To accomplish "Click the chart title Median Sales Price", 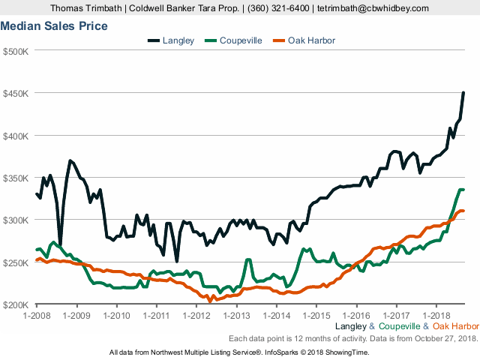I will point(53,26).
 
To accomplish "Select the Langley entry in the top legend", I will point(176,40).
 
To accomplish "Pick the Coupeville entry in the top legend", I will point(241,40).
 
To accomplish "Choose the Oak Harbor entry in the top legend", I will point(311,40).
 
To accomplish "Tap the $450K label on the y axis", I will point(16,94).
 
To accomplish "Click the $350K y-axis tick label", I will point(16,178).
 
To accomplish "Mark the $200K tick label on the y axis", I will point(16,304).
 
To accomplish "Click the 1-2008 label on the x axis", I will point(36,316).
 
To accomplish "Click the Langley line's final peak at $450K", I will point(463,93).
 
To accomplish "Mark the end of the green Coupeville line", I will point(463,190).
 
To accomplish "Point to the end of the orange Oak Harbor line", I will point(463,211).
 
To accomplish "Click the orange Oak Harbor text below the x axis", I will point(456,326).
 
